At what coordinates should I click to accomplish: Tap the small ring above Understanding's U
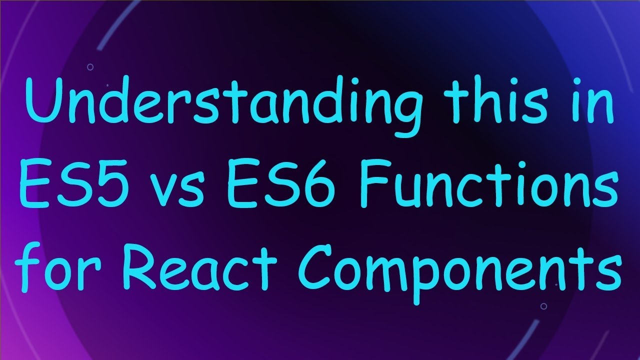[90, 66]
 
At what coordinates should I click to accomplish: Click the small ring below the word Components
[543, 306]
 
